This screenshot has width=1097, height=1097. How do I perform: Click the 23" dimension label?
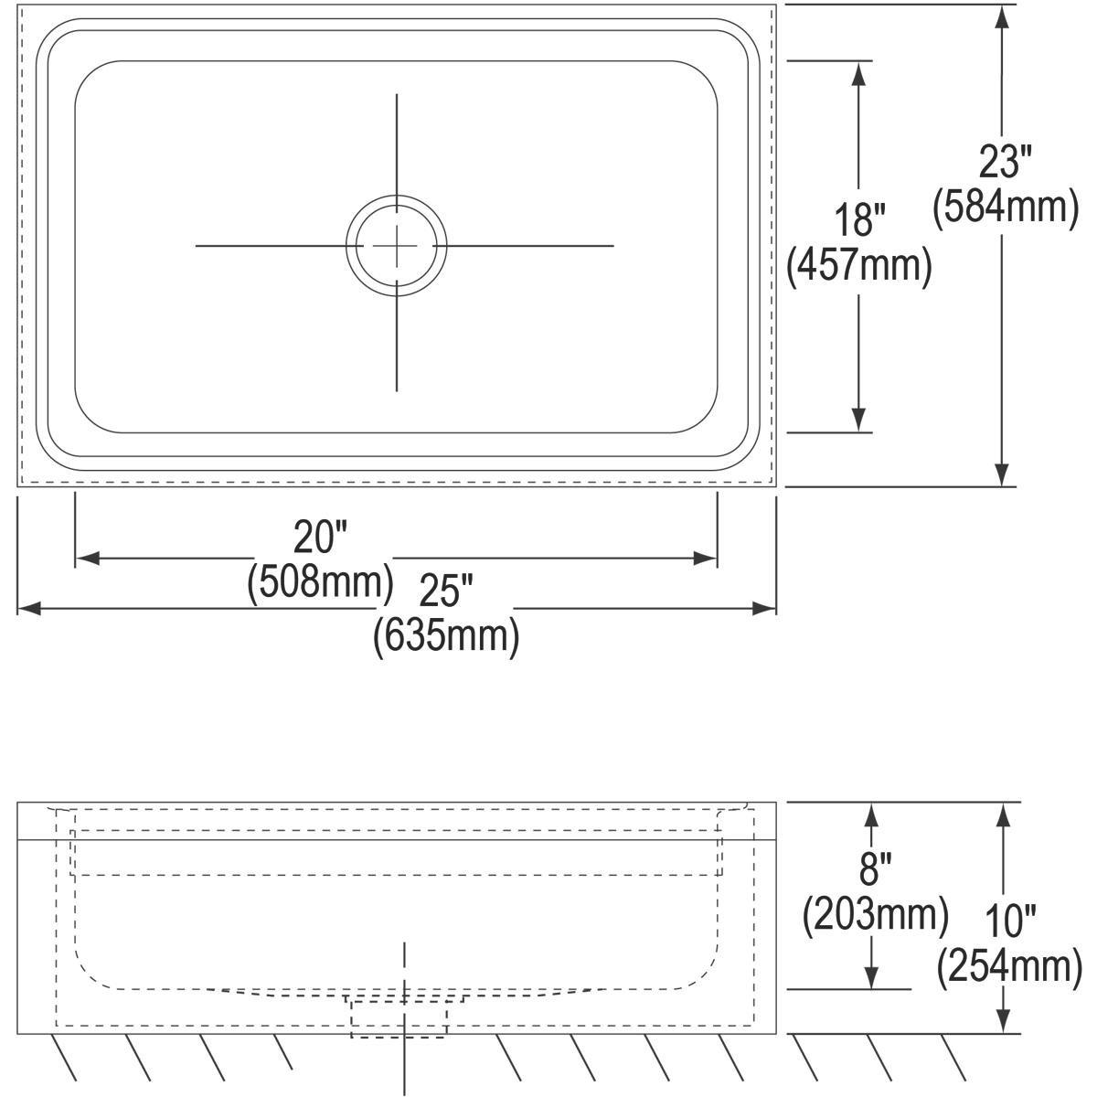[x=1005, y=163]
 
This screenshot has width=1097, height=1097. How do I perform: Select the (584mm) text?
[x=1005, y=207]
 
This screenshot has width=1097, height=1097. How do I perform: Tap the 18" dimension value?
[x=859, y=221]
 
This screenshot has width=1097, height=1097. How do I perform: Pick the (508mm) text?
[x=320, y=582]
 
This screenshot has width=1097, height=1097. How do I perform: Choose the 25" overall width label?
[x=445, y=591]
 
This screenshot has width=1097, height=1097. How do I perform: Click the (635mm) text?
[x=445, y=635]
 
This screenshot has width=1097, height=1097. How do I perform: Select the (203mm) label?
[x=874, y=913]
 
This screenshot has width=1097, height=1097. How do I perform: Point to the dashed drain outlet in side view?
[x=399, y=1017]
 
